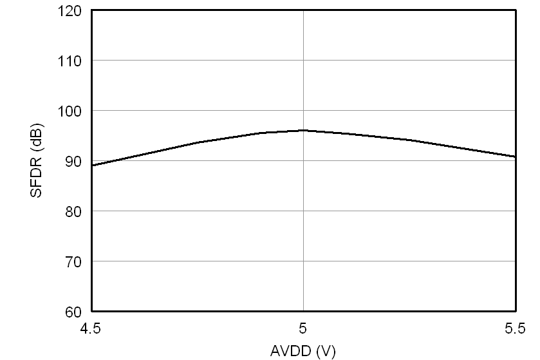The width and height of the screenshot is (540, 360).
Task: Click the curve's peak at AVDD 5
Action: tap(303, 130)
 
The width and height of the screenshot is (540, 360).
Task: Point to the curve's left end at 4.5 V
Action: tap(92, 166)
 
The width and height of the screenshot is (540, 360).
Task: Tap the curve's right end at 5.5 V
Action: tap(515, 156)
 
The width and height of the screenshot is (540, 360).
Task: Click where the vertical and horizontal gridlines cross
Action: tap(303, 161)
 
